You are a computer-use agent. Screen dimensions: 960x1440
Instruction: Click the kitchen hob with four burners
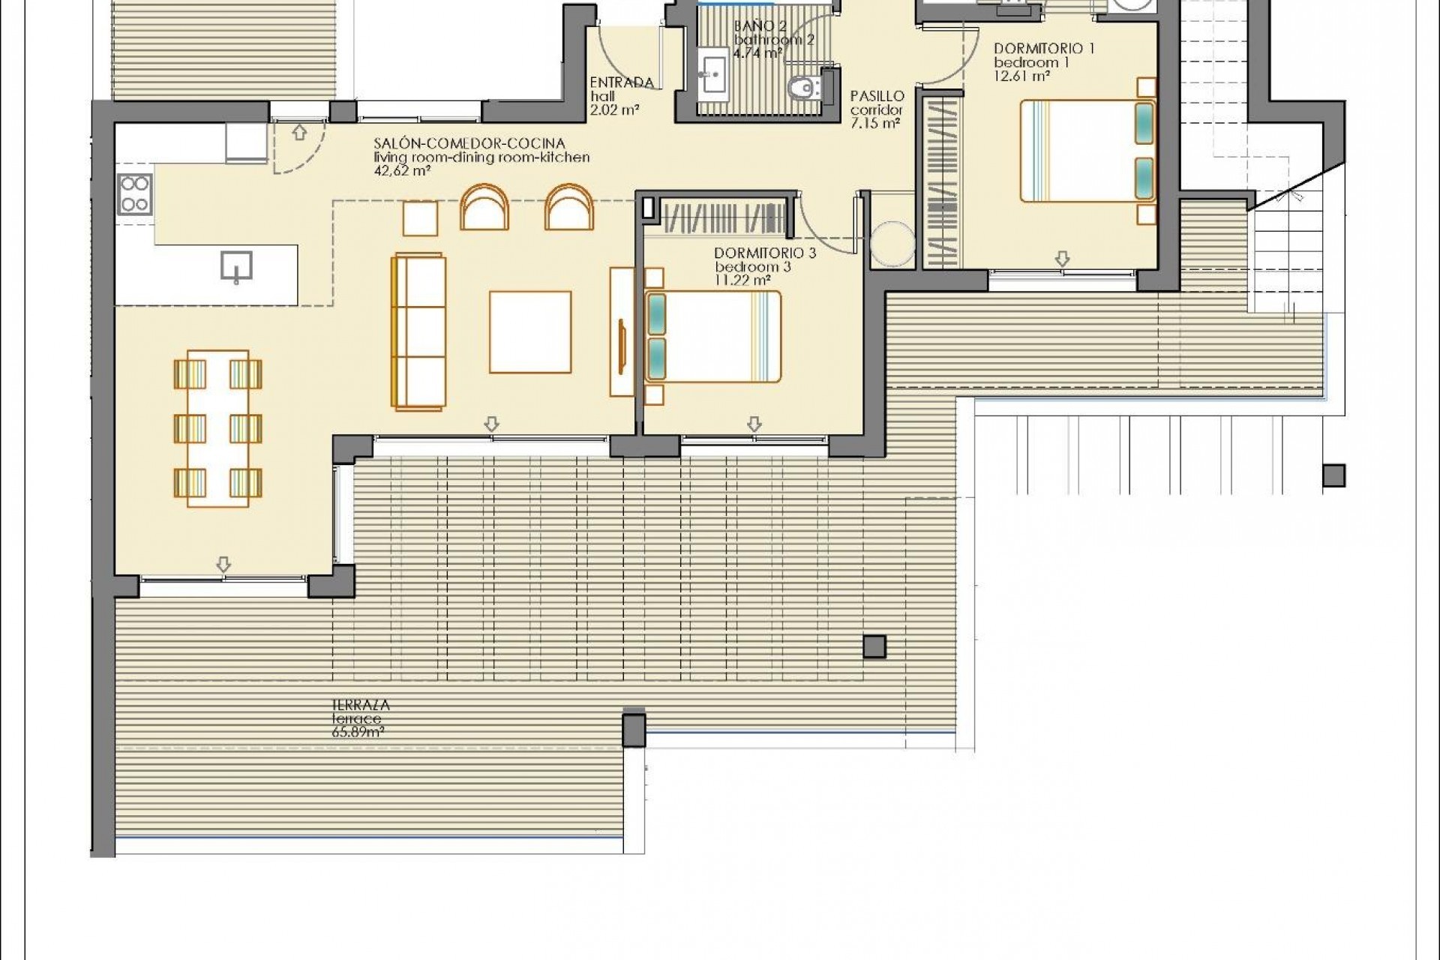click(x=135, y=193)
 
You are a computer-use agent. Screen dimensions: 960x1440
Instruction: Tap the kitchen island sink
click(x=236, y=266)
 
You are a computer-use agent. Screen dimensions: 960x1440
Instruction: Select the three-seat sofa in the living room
click(x=419, y=332)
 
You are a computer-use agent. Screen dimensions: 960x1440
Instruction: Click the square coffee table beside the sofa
click(x=530, y=331)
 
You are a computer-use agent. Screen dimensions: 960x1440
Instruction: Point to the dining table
click(x=217, y=427)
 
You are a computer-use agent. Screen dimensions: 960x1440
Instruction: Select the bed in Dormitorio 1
click(x=1087, y=150)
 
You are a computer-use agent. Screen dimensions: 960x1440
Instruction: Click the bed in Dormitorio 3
click(x=712, y=337)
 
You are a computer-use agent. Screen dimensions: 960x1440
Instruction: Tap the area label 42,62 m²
click(x=402, y=171)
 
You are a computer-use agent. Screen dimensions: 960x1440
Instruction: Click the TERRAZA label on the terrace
click(x=361, y=705)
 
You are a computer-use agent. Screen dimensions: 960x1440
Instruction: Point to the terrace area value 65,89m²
click(x=358, y=732)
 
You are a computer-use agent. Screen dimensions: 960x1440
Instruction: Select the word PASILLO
click(x=877, y=96)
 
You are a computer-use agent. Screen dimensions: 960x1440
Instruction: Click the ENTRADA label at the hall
click(x=622, y=82)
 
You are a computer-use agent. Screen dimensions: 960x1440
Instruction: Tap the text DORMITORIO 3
click(x=765, y=253)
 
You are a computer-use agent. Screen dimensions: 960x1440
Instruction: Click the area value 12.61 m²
click(x=1021, y=76)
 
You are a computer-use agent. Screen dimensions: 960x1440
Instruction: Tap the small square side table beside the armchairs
click(x=420, y=218)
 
